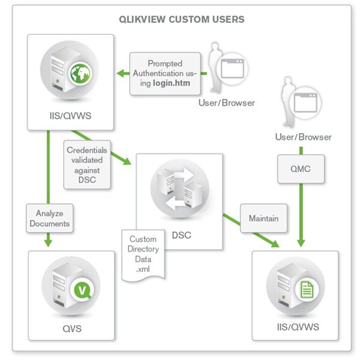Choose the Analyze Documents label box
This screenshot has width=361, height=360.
coord(48,218)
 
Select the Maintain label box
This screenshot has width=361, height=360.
coord(263,218)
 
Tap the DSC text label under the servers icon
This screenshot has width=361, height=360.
coord(179,235)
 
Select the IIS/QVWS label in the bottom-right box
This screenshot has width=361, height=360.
coord(295,328)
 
